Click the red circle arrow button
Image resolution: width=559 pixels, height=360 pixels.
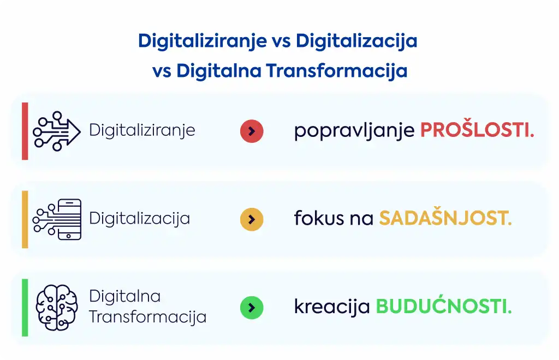point(252,131)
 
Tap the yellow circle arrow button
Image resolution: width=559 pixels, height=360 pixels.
point(252,219)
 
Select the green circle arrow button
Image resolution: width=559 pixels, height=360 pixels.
point(252,308)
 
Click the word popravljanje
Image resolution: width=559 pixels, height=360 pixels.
point(354,131)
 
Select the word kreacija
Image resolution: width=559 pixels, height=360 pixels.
point(332,307)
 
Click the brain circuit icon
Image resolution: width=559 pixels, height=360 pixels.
point(57,307)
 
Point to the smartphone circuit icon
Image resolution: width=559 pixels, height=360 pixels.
point(57,219)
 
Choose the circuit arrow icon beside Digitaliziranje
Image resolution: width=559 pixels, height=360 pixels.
point(57,131)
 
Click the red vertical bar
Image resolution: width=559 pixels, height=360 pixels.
point(25,131)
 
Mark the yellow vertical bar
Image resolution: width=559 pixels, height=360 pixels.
point(25,219)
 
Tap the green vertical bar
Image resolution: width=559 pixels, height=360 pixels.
point(25,308)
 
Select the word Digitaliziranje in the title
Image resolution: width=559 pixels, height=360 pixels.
point(203,41)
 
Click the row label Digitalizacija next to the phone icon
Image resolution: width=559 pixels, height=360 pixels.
point(139,218)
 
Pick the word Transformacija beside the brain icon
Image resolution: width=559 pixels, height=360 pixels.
point(147,317)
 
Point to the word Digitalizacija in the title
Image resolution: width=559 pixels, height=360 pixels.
point(356,41)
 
